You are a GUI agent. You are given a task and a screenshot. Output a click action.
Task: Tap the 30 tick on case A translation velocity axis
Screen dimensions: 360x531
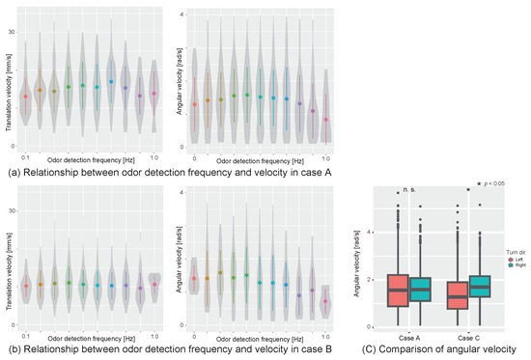click(12, 33)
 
